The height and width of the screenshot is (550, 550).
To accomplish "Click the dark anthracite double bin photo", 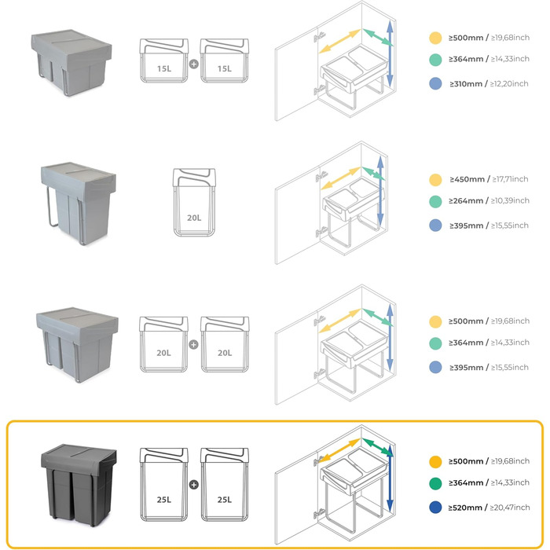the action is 79,485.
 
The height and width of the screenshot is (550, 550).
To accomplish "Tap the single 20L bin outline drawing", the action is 194,203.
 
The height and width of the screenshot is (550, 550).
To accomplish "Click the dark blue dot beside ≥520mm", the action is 435,508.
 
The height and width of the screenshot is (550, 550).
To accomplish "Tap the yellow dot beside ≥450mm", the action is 435,180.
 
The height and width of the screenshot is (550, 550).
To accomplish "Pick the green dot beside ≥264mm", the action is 435,201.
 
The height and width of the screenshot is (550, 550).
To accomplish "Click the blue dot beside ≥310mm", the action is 435,83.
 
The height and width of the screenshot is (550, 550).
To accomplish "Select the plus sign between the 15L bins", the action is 193,64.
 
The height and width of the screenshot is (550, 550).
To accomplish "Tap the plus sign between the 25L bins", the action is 193,485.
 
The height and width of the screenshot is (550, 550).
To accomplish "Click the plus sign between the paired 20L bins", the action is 193,344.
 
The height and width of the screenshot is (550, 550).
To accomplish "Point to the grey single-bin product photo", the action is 79,203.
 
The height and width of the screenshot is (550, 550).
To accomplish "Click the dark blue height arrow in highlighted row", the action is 390,478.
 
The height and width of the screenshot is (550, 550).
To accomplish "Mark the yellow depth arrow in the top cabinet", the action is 339,42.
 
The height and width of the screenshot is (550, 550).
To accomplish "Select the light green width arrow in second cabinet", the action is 373,174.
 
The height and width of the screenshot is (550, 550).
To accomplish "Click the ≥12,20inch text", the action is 509,84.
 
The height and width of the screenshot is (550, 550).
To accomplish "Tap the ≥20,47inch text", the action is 510,508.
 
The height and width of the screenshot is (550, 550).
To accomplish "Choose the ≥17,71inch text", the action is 510,179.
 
